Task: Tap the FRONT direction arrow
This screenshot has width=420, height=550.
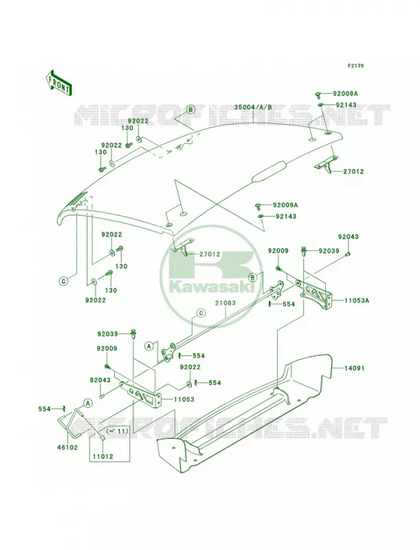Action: click(x=58, y=82)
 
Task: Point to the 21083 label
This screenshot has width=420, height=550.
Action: click(x=225, y=302)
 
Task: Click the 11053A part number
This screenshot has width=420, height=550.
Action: click(x=357, y=300)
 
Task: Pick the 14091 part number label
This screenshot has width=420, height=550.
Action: click(x=355, y=368)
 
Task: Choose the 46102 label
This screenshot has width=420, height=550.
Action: click(x=68, y=448)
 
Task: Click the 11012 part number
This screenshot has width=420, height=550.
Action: click(x=103, y=457)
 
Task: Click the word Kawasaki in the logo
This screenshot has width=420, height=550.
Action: click(x=212, y=287)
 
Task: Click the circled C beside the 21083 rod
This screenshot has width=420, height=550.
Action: click(x=201, y=313)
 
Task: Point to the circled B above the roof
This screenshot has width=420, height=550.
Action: click(x=190, y=109)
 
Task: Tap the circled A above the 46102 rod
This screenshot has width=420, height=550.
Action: click(x=88, y=403)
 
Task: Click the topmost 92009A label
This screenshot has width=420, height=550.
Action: click(x=345, y=93)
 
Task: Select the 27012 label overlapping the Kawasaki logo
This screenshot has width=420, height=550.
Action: click(x=210, y=254)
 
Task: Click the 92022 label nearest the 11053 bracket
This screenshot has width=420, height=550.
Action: click(x=190, y=367)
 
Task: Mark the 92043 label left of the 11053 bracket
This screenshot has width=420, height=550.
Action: click(x=100, y=380)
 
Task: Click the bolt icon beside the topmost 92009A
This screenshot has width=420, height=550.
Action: click(x=319, y=94)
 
